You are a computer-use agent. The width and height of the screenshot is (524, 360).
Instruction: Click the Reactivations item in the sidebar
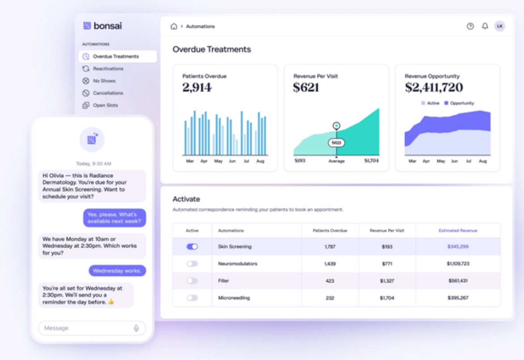[x=108, y=69]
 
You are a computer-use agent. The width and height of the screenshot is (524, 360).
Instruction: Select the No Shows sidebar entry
[x=104, y=81]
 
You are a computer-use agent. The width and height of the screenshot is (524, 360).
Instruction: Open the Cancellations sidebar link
[x=108, y=93]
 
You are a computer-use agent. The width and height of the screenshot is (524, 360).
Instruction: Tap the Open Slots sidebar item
[x=105, y=106]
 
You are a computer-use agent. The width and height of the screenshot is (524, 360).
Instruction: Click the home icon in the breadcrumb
[x=174, y=26]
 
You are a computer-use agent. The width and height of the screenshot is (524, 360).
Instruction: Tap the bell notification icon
[x=485, y=26]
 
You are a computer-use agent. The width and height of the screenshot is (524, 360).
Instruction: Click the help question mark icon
[x=470, y=26]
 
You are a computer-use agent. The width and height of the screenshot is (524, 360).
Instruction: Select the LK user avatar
[x=499, y=26]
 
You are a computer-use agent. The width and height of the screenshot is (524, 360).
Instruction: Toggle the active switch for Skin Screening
[x=192, y=247]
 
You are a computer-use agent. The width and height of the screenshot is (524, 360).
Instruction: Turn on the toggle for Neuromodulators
[x=192, y=264]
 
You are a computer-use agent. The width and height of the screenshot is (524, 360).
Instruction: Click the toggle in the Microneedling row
[x=192, y=298]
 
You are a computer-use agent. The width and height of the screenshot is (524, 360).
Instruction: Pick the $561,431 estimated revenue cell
[x=458, y=281]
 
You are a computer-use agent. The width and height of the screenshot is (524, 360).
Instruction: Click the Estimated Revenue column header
[x=458, y=231]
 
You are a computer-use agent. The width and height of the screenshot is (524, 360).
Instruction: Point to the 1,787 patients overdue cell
[x=330, y=247]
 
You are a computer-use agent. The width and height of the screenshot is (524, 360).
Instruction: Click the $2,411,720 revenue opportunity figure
[x=434, y=88]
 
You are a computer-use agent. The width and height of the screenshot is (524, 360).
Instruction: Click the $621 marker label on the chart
[x=337, y=143]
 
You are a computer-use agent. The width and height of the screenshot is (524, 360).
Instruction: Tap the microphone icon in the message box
[x=136, y=328]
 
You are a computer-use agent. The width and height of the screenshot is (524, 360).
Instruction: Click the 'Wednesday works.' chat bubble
[x=117, y=271]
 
